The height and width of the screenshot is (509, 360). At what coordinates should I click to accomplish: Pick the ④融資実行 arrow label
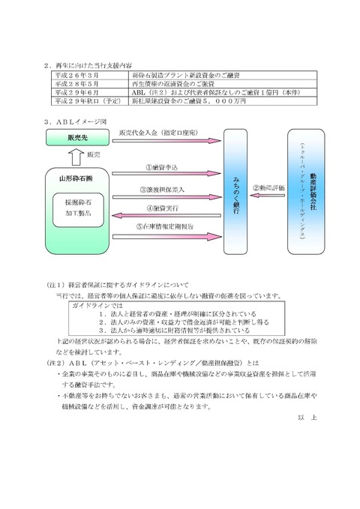[x=162, y=208]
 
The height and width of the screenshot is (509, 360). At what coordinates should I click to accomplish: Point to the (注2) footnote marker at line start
[x=55, y=359]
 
